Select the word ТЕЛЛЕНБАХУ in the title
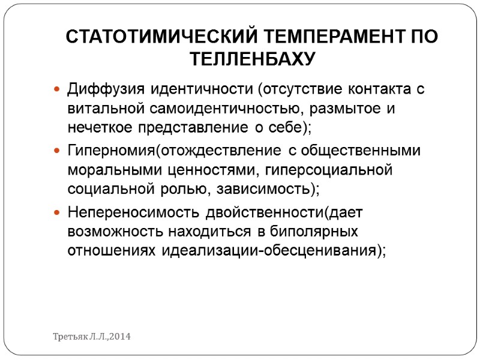[253, 59]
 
